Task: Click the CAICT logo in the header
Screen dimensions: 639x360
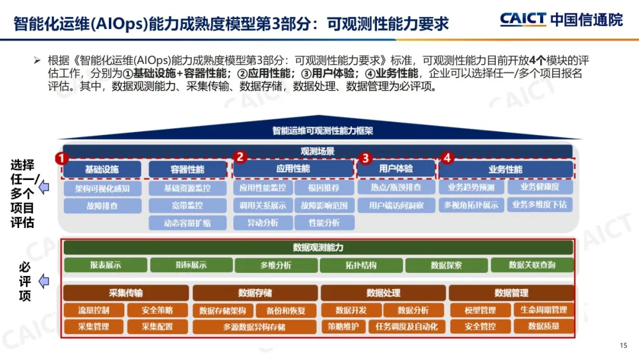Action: point(523,19)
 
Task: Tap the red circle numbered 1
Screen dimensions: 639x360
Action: point(62,159)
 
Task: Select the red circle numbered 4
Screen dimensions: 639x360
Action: point(447,158)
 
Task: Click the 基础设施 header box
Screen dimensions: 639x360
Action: point(102,169)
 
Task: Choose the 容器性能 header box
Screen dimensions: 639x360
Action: point(188,169)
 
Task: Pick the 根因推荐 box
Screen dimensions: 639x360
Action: point(324,188)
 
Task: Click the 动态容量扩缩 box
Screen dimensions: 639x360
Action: point(188,223)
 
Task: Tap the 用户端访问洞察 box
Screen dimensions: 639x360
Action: point(396,206)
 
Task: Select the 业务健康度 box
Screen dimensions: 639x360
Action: point(540,187)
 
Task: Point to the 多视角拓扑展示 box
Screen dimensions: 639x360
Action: point(471,205)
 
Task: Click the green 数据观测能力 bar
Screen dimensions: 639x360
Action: point(318,247)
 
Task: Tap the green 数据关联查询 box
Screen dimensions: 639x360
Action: point(532,265)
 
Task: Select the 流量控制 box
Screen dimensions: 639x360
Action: point(93,310)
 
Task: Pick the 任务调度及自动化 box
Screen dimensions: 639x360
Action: point(403,326)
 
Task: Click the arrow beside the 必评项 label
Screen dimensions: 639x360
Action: point(44,281)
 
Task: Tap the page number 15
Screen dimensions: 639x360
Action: point(622,346)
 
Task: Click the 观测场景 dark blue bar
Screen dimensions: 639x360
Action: point(318,152)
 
